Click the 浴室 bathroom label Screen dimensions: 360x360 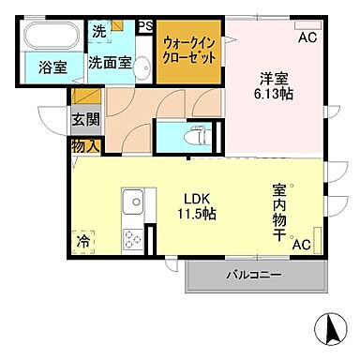point(40,69)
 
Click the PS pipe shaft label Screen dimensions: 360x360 point(145,26)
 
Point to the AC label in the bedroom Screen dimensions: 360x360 point(307,38)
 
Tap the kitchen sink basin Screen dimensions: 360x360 point(132,201)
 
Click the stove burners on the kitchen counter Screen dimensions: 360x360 point(132,238)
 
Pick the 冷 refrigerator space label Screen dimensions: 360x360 point(85,239)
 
